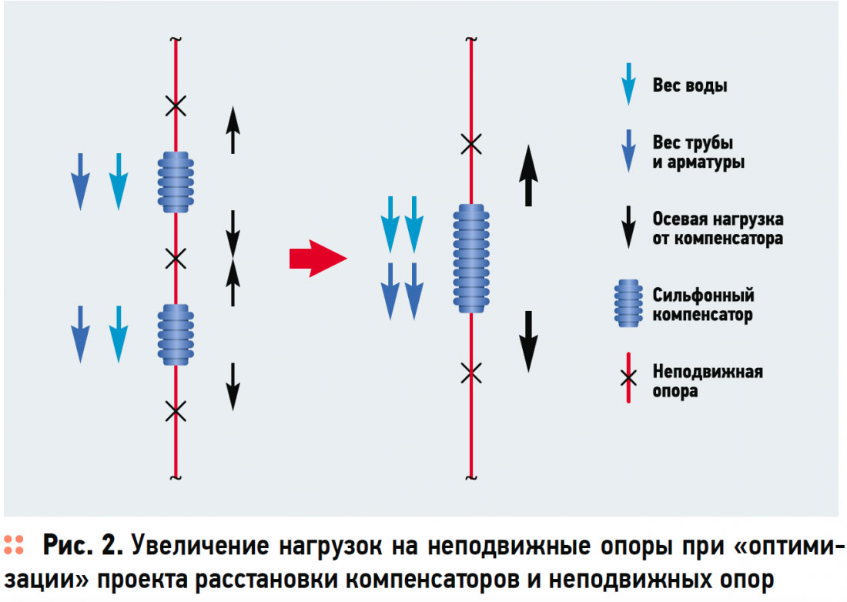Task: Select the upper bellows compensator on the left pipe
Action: [x=176, y=182]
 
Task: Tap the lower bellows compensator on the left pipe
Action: [x=176, y=334]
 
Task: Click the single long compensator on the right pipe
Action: [x=470, y=259]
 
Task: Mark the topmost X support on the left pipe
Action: [x=176, y=105]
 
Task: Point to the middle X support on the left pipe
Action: [x=176, y=259]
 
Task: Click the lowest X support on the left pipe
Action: [x=176, y=412]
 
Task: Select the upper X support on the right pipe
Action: [x=470, y=143]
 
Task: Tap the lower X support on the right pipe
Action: [x=470, y=373]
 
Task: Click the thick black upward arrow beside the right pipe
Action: [x=527, y=176]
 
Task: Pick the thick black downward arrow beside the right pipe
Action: [x=527, y=342]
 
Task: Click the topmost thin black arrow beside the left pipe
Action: [x=233, y=130]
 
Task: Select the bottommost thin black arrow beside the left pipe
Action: [x=233, y=386]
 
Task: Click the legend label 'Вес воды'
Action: [x=689, y=85]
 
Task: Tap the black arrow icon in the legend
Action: [x=629, y=228]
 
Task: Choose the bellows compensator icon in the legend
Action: [x=628, y=305]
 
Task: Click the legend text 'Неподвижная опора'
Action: [x=707, y=381]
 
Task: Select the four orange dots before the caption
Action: [x=13, y=545]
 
